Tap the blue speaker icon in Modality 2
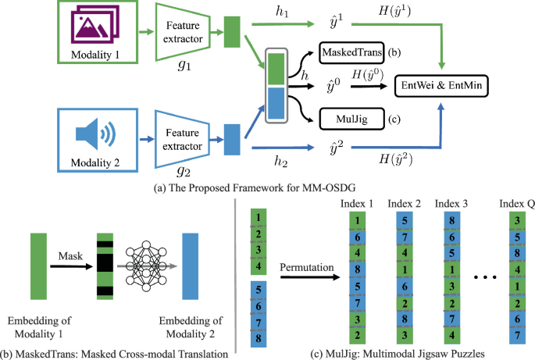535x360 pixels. (x=91, y=130)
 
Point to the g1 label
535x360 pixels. (x=185, y=67)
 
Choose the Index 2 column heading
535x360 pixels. (x=405, y=204)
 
